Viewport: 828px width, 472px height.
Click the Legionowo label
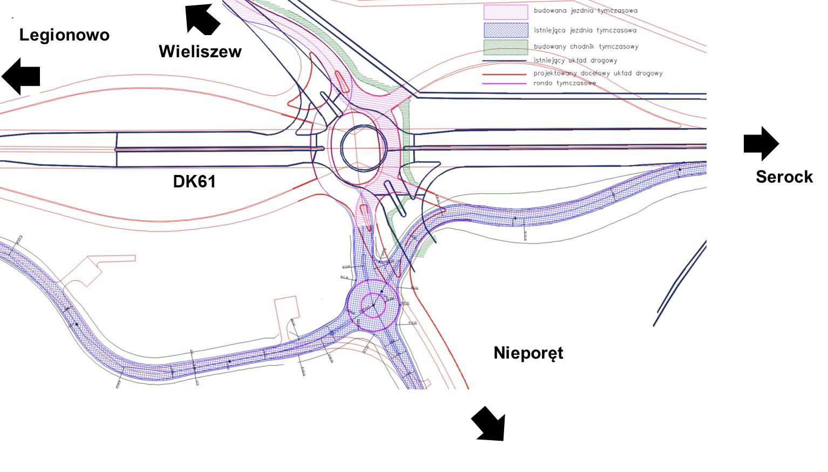tap(64, 35)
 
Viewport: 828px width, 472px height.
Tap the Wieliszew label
tap(200, 51)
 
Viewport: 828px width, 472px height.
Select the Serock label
tap(784, 177)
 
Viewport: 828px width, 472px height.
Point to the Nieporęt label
tap(528, 353)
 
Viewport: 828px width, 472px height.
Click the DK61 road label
tap(194, 181)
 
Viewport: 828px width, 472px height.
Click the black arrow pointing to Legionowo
tap(21, 76)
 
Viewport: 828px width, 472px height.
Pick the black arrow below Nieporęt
tap(489, 424)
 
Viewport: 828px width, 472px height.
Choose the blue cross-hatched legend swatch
tap(505, 30)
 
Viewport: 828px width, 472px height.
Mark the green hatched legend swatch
tap(505, 47)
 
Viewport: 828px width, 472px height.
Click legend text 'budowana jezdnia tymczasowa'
tap(586, 11)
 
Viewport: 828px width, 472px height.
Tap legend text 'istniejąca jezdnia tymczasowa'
tap(585, 30)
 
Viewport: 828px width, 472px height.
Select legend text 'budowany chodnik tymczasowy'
tap(586, 47)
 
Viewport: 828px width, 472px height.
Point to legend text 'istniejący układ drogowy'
tap(575, 60)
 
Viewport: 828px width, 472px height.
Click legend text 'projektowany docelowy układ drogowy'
tap(598, 73)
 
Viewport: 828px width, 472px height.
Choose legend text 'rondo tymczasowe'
tap(565, 83)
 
